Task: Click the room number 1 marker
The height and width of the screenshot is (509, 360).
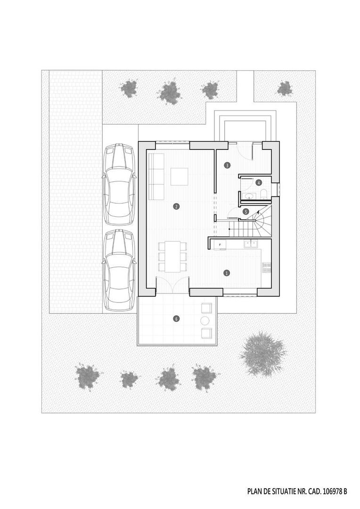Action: click(227, 273)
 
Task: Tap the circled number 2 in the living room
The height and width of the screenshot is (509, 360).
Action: click(176, 206)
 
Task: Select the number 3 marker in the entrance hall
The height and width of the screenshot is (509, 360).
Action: click(227, 165)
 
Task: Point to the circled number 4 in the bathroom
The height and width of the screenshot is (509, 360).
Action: click(258, 183)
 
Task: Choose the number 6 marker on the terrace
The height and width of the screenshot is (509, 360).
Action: click(176, 319)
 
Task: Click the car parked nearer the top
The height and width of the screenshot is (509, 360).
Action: click(119, 184)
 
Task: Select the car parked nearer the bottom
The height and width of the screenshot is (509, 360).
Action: click(119, 270)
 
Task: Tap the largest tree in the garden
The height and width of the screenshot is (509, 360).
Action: click(263, 353)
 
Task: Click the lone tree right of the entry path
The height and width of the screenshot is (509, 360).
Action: click(285, 88)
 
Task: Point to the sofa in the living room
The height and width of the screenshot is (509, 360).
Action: click(156, 176)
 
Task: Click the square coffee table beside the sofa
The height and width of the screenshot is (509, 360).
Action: click(180, 177)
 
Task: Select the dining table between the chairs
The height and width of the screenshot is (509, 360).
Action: click(172, 256)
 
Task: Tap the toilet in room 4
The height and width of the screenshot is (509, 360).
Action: click(263, 194)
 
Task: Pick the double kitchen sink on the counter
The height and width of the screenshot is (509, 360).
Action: click(251, 244)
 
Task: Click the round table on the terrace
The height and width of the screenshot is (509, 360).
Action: click(205, 321)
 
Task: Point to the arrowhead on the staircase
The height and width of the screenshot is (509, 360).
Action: click(258, 213)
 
